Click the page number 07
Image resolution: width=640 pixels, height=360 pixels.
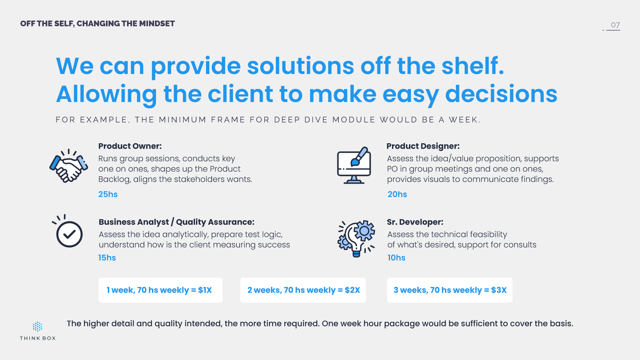tap(615, 25)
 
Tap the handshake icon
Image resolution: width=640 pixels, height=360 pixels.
tap(69, 166)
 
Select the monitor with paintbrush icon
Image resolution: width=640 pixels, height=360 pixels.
tap(354, 165)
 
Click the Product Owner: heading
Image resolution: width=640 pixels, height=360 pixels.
tap(130, 146)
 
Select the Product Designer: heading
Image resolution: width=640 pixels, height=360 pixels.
tap(423, 146)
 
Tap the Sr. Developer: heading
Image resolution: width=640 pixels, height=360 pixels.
tap(415, 222)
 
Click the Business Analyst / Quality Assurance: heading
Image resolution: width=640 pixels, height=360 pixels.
tap(177, 222)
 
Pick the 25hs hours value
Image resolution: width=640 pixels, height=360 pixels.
tap(108, 194)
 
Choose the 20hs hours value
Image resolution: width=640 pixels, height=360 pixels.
tap(397, 194)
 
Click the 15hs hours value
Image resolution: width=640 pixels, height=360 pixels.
tap(107, 258)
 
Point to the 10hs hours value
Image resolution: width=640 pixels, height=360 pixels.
tap(396, 258)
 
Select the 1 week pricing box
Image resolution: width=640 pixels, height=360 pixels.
tap(161, 290)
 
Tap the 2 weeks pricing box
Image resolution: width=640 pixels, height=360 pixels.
tap(303, 290)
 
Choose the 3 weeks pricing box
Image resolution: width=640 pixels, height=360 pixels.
tap(450, 290)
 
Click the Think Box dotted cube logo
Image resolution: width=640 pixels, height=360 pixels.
tap(38, 327)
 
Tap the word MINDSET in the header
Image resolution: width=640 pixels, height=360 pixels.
tap(157, 24)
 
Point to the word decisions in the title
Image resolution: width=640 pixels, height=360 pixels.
tap(501, 94)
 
